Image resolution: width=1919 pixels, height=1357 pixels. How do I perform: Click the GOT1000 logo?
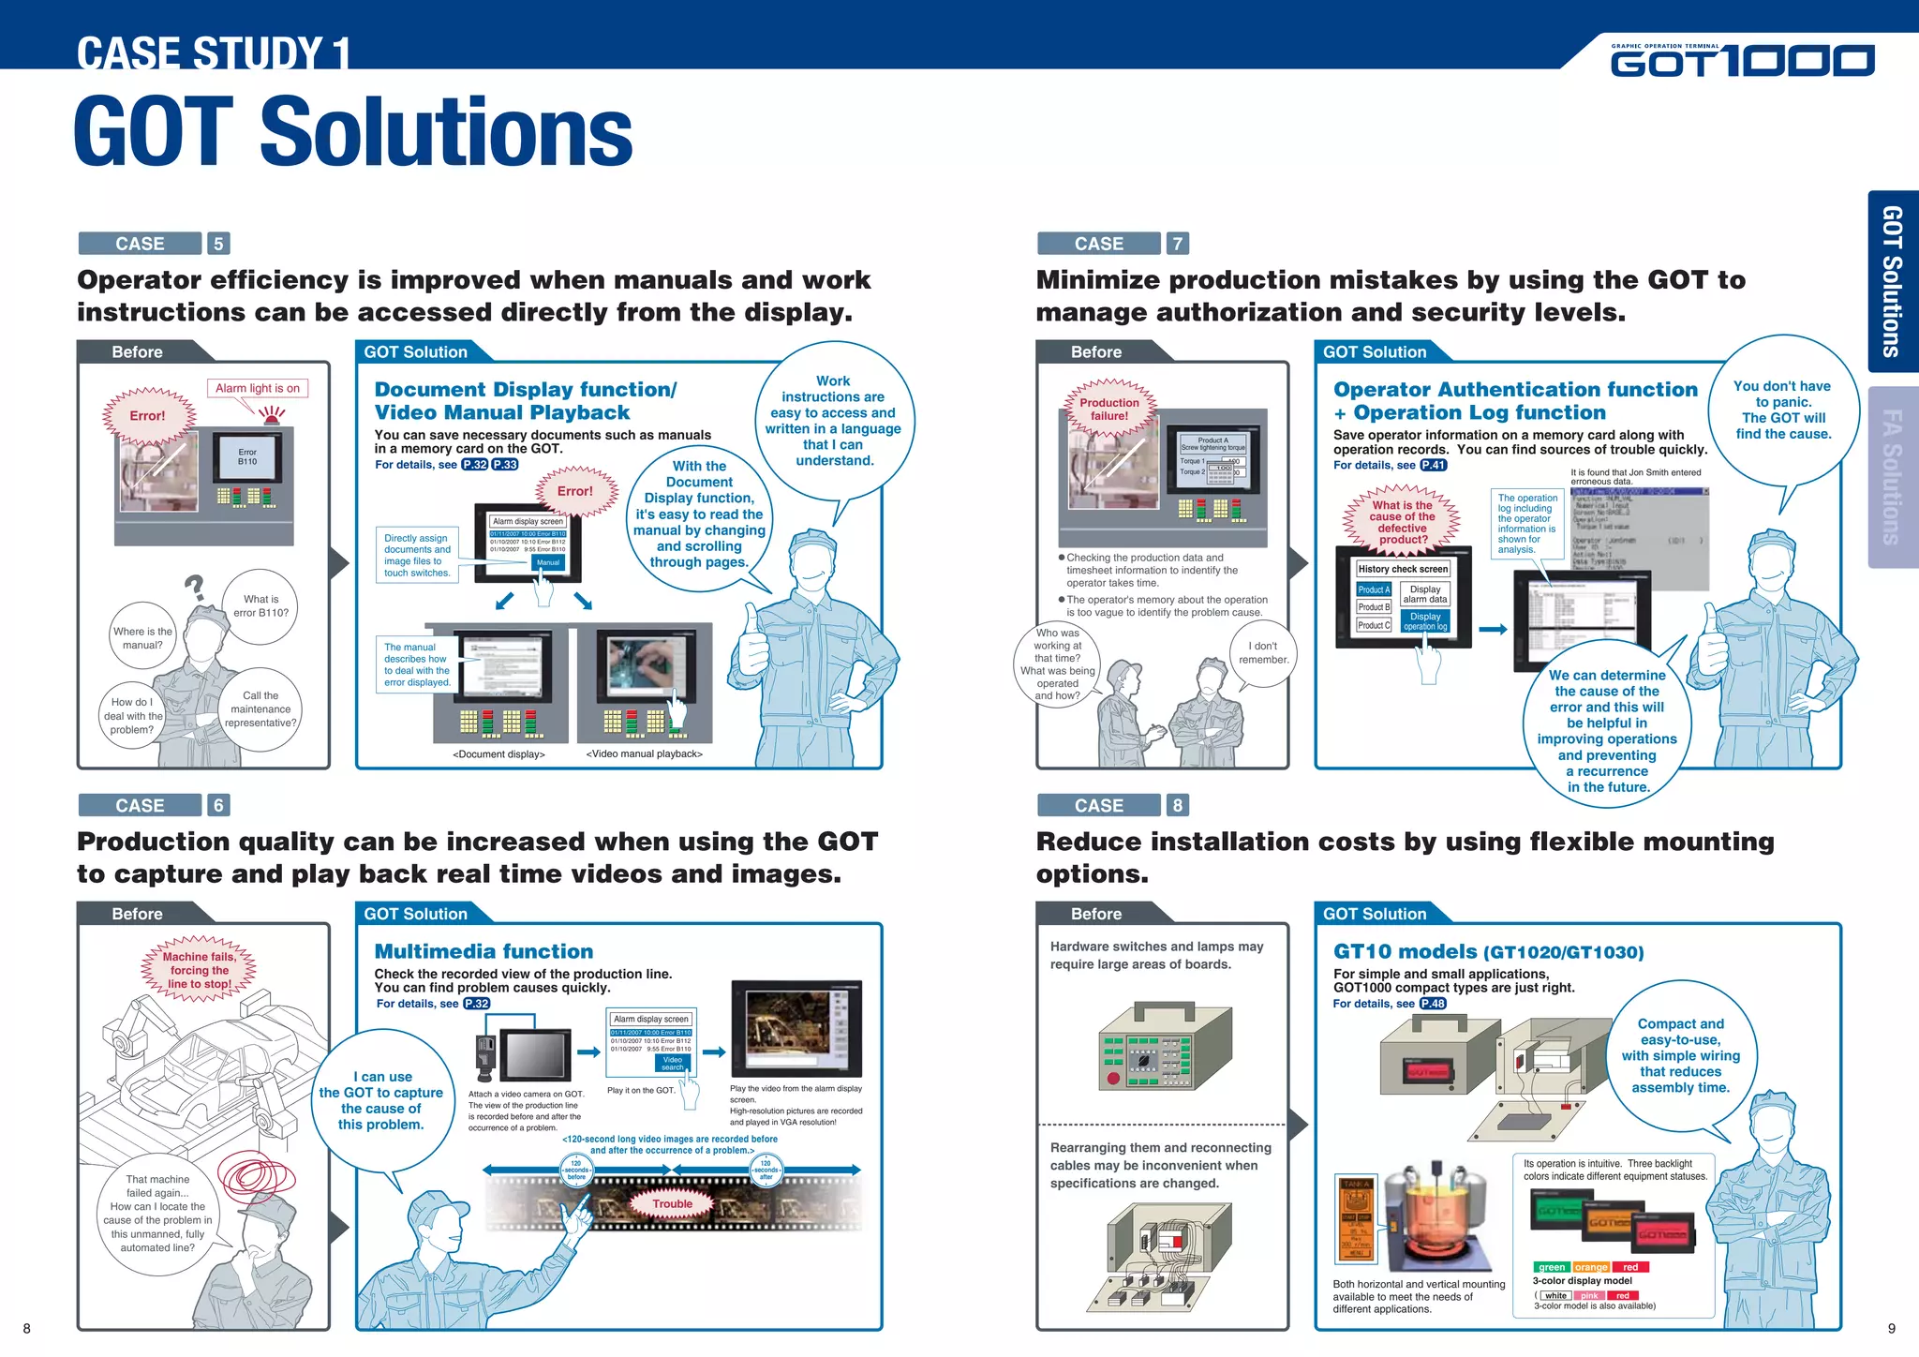(x=1742, y=60)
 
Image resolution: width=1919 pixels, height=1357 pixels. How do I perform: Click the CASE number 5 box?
(x=218, y=244)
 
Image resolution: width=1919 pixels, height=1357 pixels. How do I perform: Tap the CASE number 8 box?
(x=1177, y=805)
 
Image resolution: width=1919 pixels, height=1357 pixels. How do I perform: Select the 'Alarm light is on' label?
(x=258, y=388)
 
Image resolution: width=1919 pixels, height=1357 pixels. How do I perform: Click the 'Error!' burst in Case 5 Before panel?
(x=147, y=416)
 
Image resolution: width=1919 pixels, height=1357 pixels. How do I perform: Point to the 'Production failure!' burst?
(x=1109, y=410)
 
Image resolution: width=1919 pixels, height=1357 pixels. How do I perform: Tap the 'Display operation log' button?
(x=1425, y=621)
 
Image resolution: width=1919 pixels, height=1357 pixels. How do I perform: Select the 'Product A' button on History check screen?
(x=1373, y=589)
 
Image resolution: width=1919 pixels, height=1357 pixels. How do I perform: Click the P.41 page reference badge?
(x=1434, y=465)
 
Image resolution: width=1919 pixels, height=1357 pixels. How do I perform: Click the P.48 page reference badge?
(x=1433, y=1004)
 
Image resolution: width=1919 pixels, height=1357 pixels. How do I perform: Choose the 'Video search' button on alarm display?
(x=673, y=1064)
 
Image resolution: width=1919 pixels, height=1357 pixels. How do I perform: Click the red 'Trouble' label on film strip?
(x=673, y=1204)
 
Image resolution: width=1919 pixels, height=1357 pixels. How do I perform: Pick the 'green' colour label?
(x=1552, y=1267)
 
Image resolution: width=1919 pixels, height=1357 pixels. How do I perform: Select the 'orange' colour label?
(x=1591, y=1267)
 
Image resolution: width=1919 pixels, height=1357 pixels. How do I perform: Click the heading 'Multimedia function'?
(x=483, y=952)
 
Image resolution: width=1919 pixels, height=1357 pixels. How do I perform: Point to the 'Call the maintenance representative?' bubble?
(x=260, y=709)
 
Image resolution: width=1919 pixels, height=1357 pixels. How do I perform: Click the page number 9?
(x=1891, y=1328)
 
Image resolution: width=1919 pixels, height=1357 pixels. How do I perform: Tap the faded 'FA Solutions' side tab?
(x=1892, y=477)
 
